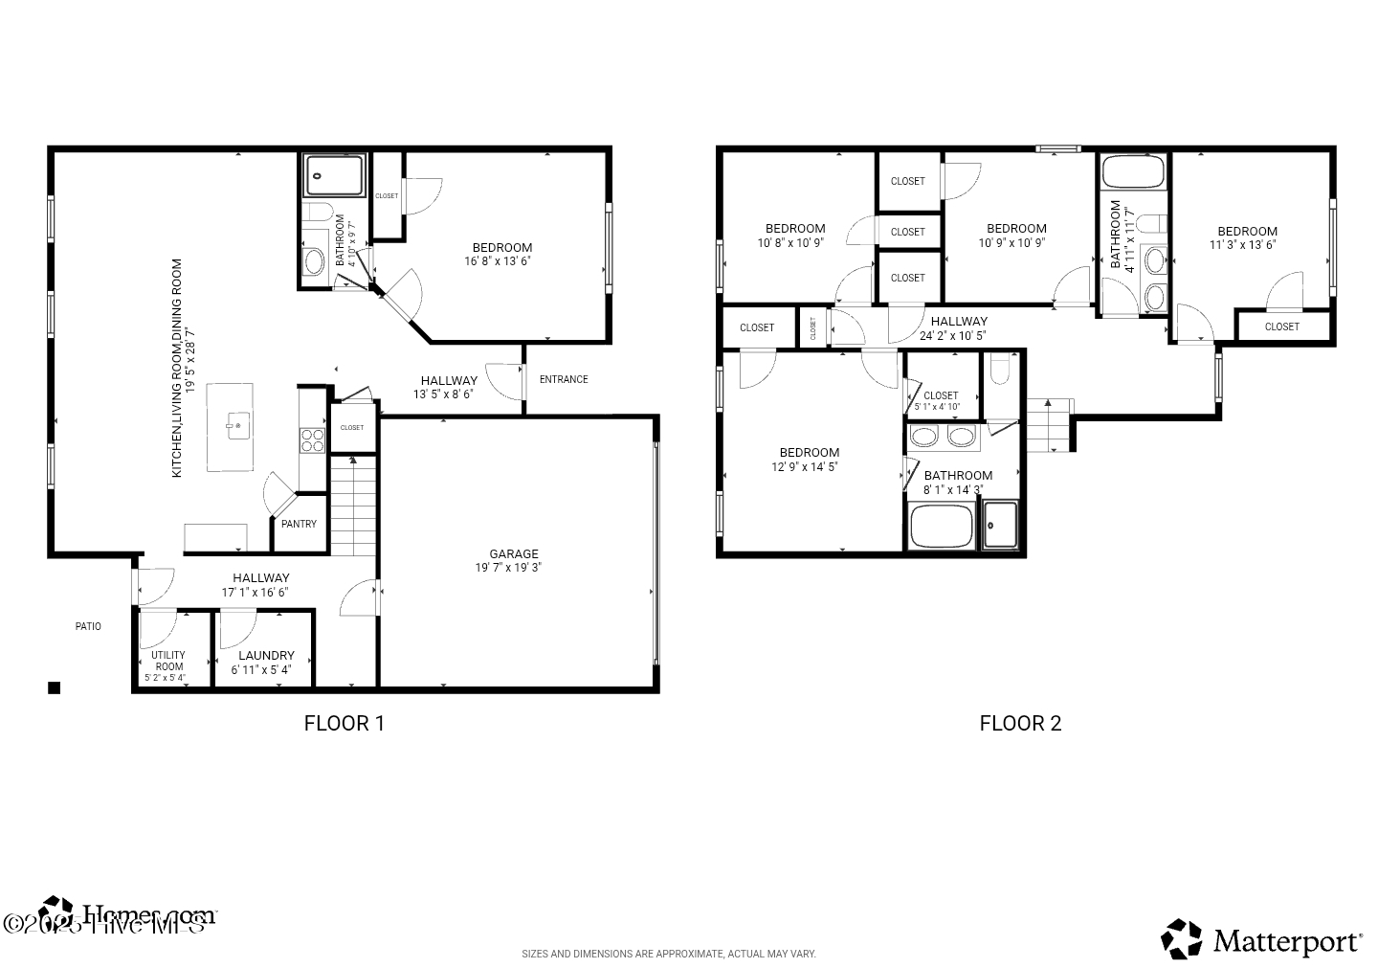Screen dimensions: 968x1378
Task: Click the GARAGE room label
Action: pyautogui.click(x=514, y=554)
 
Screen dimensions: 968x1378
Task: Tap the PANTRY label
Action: pyautogui.click(x=299, y=524)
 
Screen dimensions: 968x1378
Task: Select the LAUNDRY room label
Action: pyautogui.click(x=266, y=656)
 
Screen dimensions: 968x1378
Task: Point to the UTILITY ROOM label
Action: pyautogui.click(x=168, y=661)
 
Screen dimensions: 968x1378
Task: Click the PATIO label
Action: pyautogui.click(x=88, y=626)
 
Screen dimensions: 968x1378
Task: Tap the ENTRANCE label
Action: pyautogui.click(x=564, y=379)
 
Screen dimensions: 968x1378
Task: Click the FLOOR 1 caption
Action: pyautogui.click(x=344, y=723)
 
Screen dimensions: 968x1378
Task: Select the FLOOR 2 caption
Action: pyautogui.click(x=1020, y=723)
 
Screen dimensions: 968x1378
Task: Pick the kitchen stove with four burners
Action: pyautogui.click(x=313, y=439)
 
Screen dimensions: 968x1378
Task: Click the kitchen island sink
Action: pyautogui.click(x=237, y=424)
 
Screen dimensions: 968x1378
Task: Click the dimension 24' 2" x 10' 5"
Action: pyautogui.click(x=952, y=336)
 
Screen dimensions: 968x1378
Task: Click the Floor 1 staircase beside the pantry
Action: pyautogui.click(x=353, y=507)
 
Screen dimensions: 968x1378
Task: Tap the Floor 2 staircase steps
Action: pyautogui.click(x=1050, y=425)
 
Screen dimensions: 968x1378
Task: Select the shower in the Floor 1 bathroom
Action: pyautogui.click(x=335, y=175)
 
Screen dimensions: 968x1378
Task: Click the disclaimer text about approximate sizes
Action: pyautogui.click(x=668, y=954)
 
